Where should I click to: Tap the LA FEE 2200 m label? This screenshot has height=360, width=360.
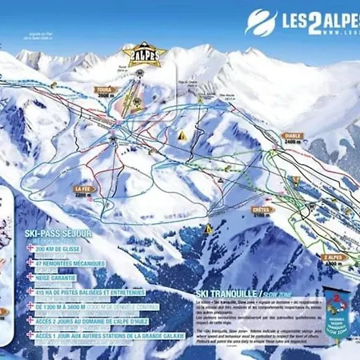tap(85, 190)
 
